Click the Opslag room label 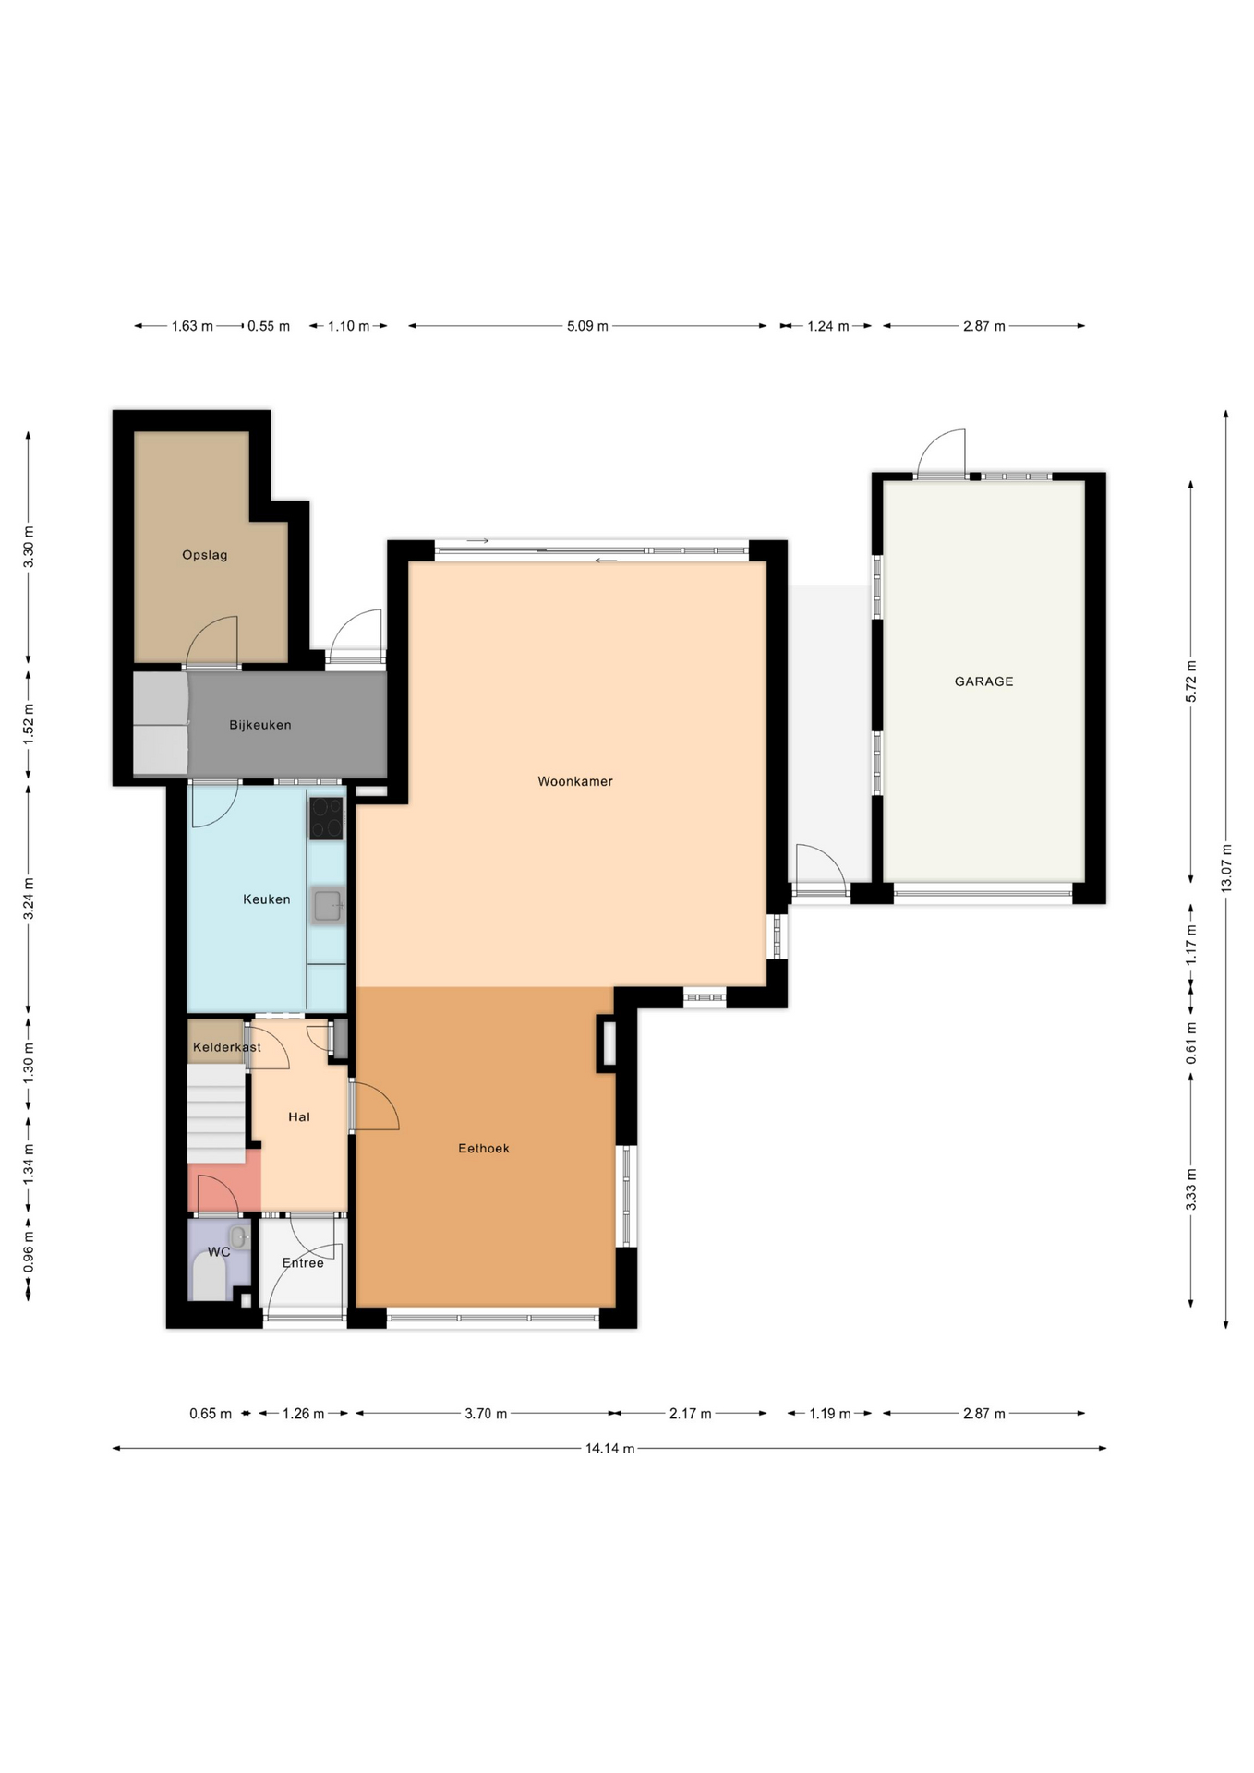pos(204,555)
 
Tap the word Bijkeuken pos(260,725)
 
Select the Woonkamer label pos(575,781)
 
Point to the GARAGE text pos(983,681)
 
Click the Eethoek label pos(484,1149)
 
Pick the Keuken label pos(267,899)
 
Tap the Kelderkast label pos(227,1047)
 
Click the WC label pos(219,1252)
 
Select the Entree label pos(303,1263)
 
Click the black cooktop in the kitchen pos(326,819)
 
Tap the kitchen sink pos(327,906)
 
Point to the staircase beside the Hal pos(217,1113)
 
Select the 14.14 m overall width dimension pos(609,1448)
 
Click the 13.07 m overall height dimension pos(1226,868)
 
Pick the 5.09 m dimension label pos(587,326)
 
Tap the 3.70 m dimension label pos(486,1414)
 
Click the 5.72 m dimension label pos(1191,681)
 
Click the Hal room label pos(299,1117)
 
